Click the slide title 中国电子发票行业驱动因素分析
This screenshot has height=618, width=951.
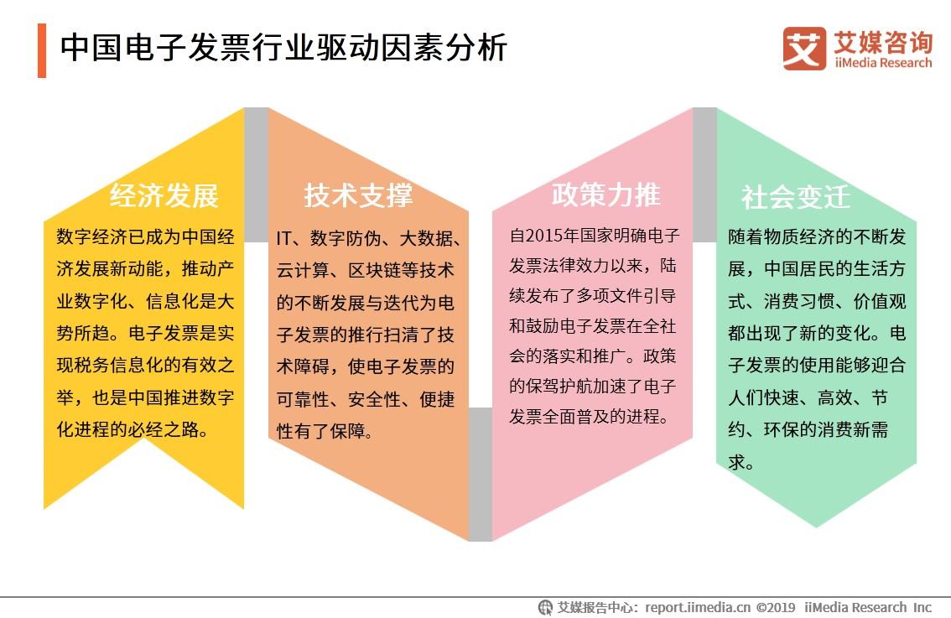point(283,48)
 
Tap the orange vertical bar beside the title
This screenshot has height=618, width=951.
point(42,50)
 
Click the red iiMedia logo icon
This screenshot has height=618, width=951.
point(804,49)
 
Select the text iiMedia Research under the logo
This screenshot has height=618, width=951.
point(883,63)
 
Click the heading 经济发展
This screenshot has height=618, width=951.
point(164,195)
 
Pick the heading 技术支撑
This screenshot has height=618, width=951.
point(358,195)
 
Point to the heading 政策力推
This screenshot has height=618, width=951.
point(605,195)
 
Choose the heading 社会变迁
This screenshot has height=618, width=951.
point(796,197)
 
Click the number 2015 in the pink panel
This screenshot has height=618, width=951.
point(544,236)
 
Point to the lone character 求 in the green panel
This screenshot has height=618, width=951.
point(737,462)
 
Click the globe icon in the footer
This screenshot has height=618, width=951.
point(545,607)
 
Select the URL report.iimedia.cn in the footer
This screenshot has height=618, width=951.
point(698,607)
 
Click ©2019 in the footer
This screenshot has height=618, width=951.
point(776,607)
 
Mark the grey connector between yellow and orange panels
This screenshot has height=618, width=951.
point(257,174)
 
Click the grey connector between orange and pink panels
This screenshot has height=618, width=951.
point(481,475)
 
